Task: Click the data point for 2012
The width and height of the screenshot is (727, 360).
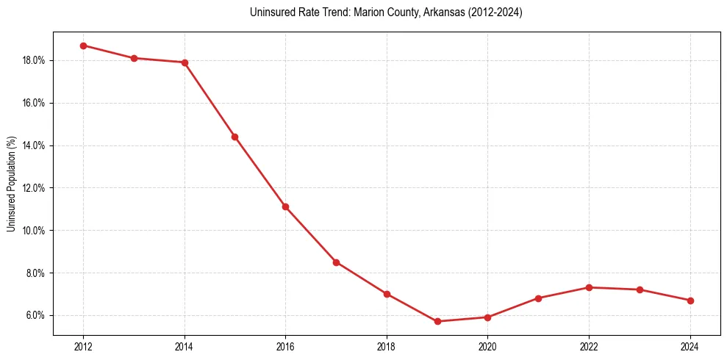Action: [x=83, y=46]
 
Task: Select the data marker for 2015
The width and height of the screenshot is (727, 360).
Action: [x=234, y=137]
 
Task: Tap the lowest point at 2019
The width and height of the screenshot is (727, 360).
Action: [x=437, y=321]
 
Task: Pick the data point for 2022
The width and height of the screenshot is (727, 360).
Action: [x=589, y=287]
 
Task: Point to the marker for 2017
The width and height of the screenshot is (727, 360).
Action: [x=336, y=262]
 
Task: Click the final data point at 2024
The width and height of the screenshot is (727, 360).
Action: [x=690, y=300]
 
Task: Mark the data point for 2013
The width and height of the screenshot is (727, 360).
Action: [x=134, y=58]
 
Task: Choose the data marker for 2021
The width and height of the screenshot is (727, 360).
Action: [x=538, y=298]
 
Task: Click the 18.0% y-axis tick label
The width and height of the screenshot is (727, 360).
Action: [x=34, y=60]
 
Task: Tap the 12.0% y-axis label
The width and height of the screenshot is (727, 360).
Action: [x=34, y=188]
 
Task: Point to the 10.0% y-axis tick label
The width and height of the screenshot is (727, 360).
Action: [x=34, y=231]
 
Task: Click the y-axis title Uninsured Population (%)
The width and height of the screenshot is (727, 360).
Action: [x=12, y=184]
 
